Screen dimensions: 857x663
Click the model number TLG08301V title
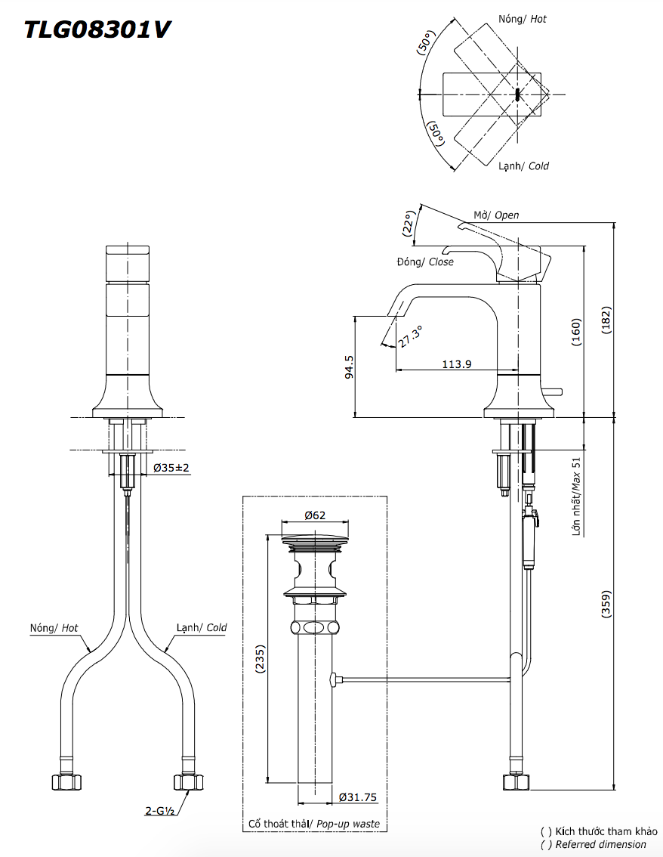coord(97,29)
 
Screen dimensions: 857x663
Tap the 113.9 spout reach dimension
coord(457,364)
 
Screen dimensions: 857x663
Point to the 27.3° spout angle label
coord(411,336)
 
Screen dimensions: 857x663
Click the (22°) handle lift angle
coord(409,224)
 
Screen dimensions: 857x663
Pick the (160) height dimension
coord(576,332)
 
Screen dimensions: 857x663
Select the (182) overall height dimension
coord(606,320)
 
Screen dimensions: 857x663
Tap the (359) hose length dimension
coord(606,605)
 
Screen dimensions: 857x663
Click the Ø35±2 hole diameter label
coord(171,469)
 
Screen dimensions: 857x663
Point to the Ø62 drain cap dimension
coord(315,515)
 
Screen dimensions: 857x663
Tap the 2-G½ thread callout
coord(160,812)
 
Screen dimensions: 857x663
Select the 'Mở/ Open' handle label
coord(496,215)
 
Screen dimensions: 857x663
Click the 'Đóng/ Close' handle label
coord(425,261)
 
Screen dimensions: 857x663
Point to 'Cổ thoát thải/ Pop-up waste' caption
coord(314,824)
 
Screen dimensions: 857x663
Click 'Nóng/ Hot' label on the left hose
coord(54,627)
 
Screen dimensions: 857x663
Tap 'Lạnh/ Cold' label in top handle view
coord(523,166)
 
